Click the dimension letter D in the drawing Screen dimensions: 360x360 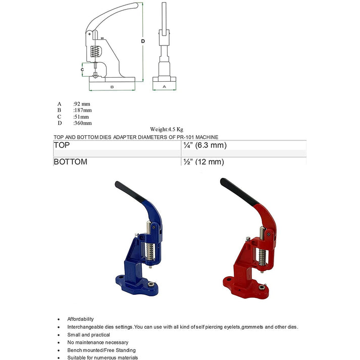tap(143, 41)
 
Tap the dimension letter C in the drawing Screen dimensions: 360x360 tap(82, 70)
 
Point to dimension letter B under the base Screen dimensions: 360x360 tap(112, 87)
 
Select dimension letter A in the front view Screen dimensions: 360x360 tap(165, 87)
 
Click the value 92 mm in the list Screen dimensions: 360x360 tap(82, 104)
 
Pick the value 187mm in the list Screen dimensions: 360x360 tap(83, 110)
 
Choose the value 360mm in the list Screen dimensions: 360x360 tap(83, 123)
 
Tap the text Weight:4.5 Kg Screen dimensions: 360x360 tap(167, 130)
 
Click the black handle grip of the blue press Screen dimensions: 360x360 tap(131, 193)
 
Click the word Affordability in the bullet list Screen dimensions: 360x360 tap(81, 319)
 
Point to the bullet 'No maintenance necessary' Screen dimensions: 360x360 tap(97, 342)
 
